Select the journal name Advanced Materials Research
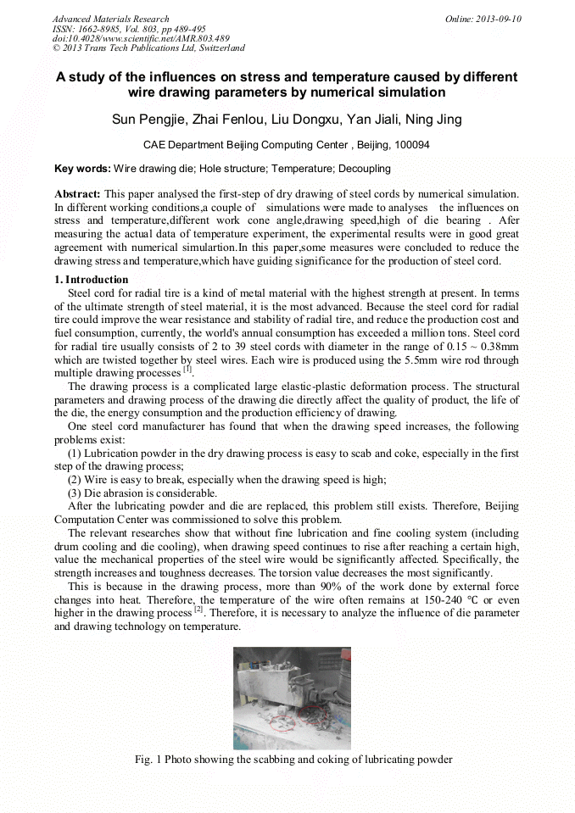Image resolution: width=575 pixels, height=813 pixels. point(110,19)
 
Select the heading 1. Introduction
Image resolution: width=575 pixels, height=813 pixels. point(91,280)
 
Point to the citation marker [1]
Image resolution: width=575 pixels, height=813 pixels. point(188,368)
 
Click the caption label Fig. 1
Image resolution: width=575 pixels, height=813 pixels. point(149,759)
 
